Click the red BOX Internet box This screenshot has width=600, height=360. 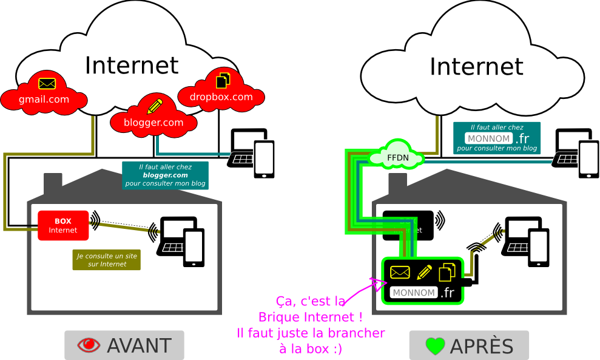(63, 225)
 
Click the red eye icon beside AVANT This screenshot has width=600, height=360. (89, 345)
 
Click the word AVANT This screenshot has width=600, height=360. (139, 345)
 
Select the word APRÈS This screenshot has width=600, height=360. (482, 346)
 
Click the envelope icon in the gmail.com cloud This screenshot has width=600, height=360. (47, 84)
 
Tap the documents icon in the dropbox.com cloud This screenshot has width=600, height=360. (223, 79)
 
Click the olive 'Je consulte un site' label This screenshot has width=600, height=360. (107, 260)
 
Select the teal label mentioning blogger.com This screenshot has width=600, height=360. (165, 175)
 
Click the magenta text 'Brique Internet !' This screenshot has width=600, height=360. (310, 317)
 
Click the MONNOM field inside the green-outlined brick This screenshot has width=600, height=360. (414, 293)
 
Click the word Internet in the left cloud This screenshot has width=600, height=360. (132, 65)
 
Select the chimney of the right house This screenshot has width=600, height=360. (397, 182)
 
